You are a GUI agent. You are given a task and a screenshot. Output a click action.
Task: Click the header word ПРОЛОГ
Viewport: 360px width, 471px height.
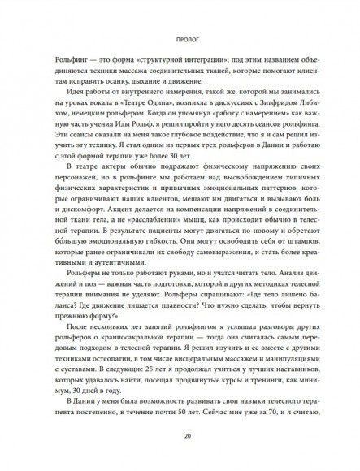click(x=180, y=37)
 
